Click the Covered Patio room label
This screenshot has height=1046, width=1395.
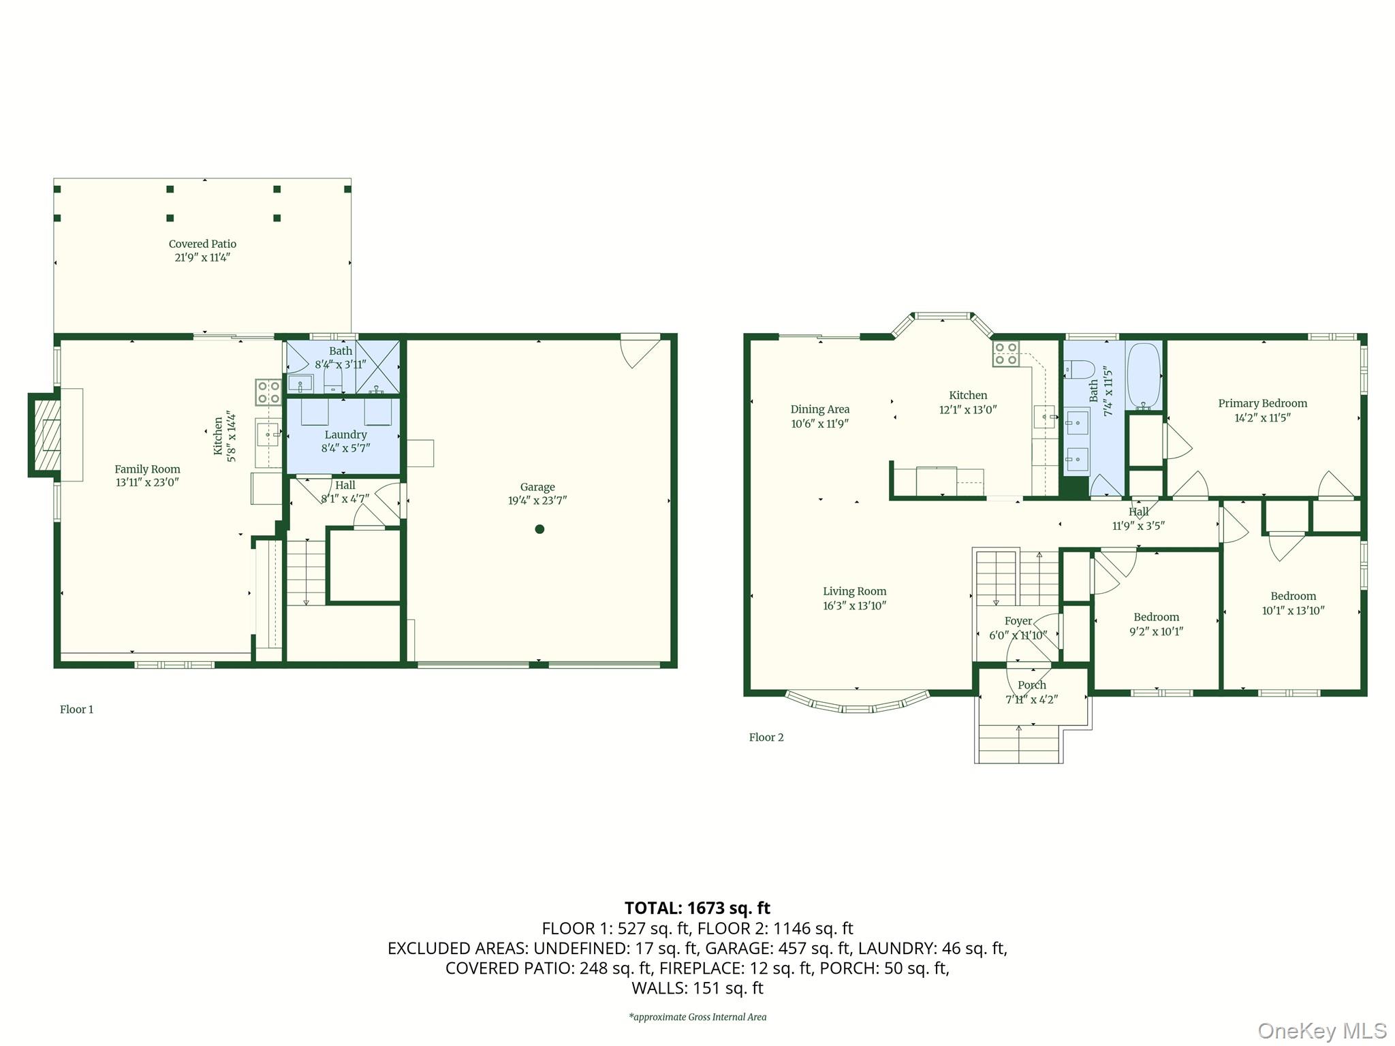coord(202,244)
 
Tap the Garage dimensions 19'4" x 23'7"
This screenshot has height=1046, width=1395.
coord(537,501)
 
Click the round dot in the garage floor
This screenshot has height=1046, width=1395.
coord(539,529)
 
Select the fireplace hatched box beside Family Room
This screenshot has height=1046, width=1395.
coord(44,435)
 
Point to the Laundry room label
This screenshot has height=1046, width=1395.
coord(345,434)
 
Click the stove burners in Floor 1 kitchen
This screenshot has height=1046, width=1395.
coord(268,392)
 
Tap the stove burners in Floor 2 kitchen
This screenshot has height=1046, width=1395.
coord(1006,354)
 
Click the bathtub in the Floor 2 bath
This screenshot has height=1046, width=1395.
coord(1144,375)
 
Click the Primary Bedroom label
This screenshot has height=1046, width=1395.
coord(1263,403)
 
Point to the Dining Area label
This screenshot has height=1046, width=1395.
coord(820,409)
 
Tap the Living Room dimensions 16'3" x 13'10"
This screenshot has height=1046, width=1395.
coord(855,605)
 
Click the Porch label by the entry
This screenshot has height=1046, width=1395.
coord(1032,685)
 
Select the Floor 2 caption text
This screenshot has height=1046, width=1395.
coord(766,738)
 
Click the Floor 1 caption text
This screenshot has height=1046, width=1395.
coord(77,710)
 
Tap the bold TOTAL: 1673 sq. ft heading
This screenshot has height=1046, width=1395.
coord(697,908)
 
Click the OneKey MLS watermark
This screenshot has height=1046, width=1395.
coord(1322,1031)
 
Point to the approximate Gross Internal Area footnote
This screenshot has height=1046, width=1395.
coord(697,1017)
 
